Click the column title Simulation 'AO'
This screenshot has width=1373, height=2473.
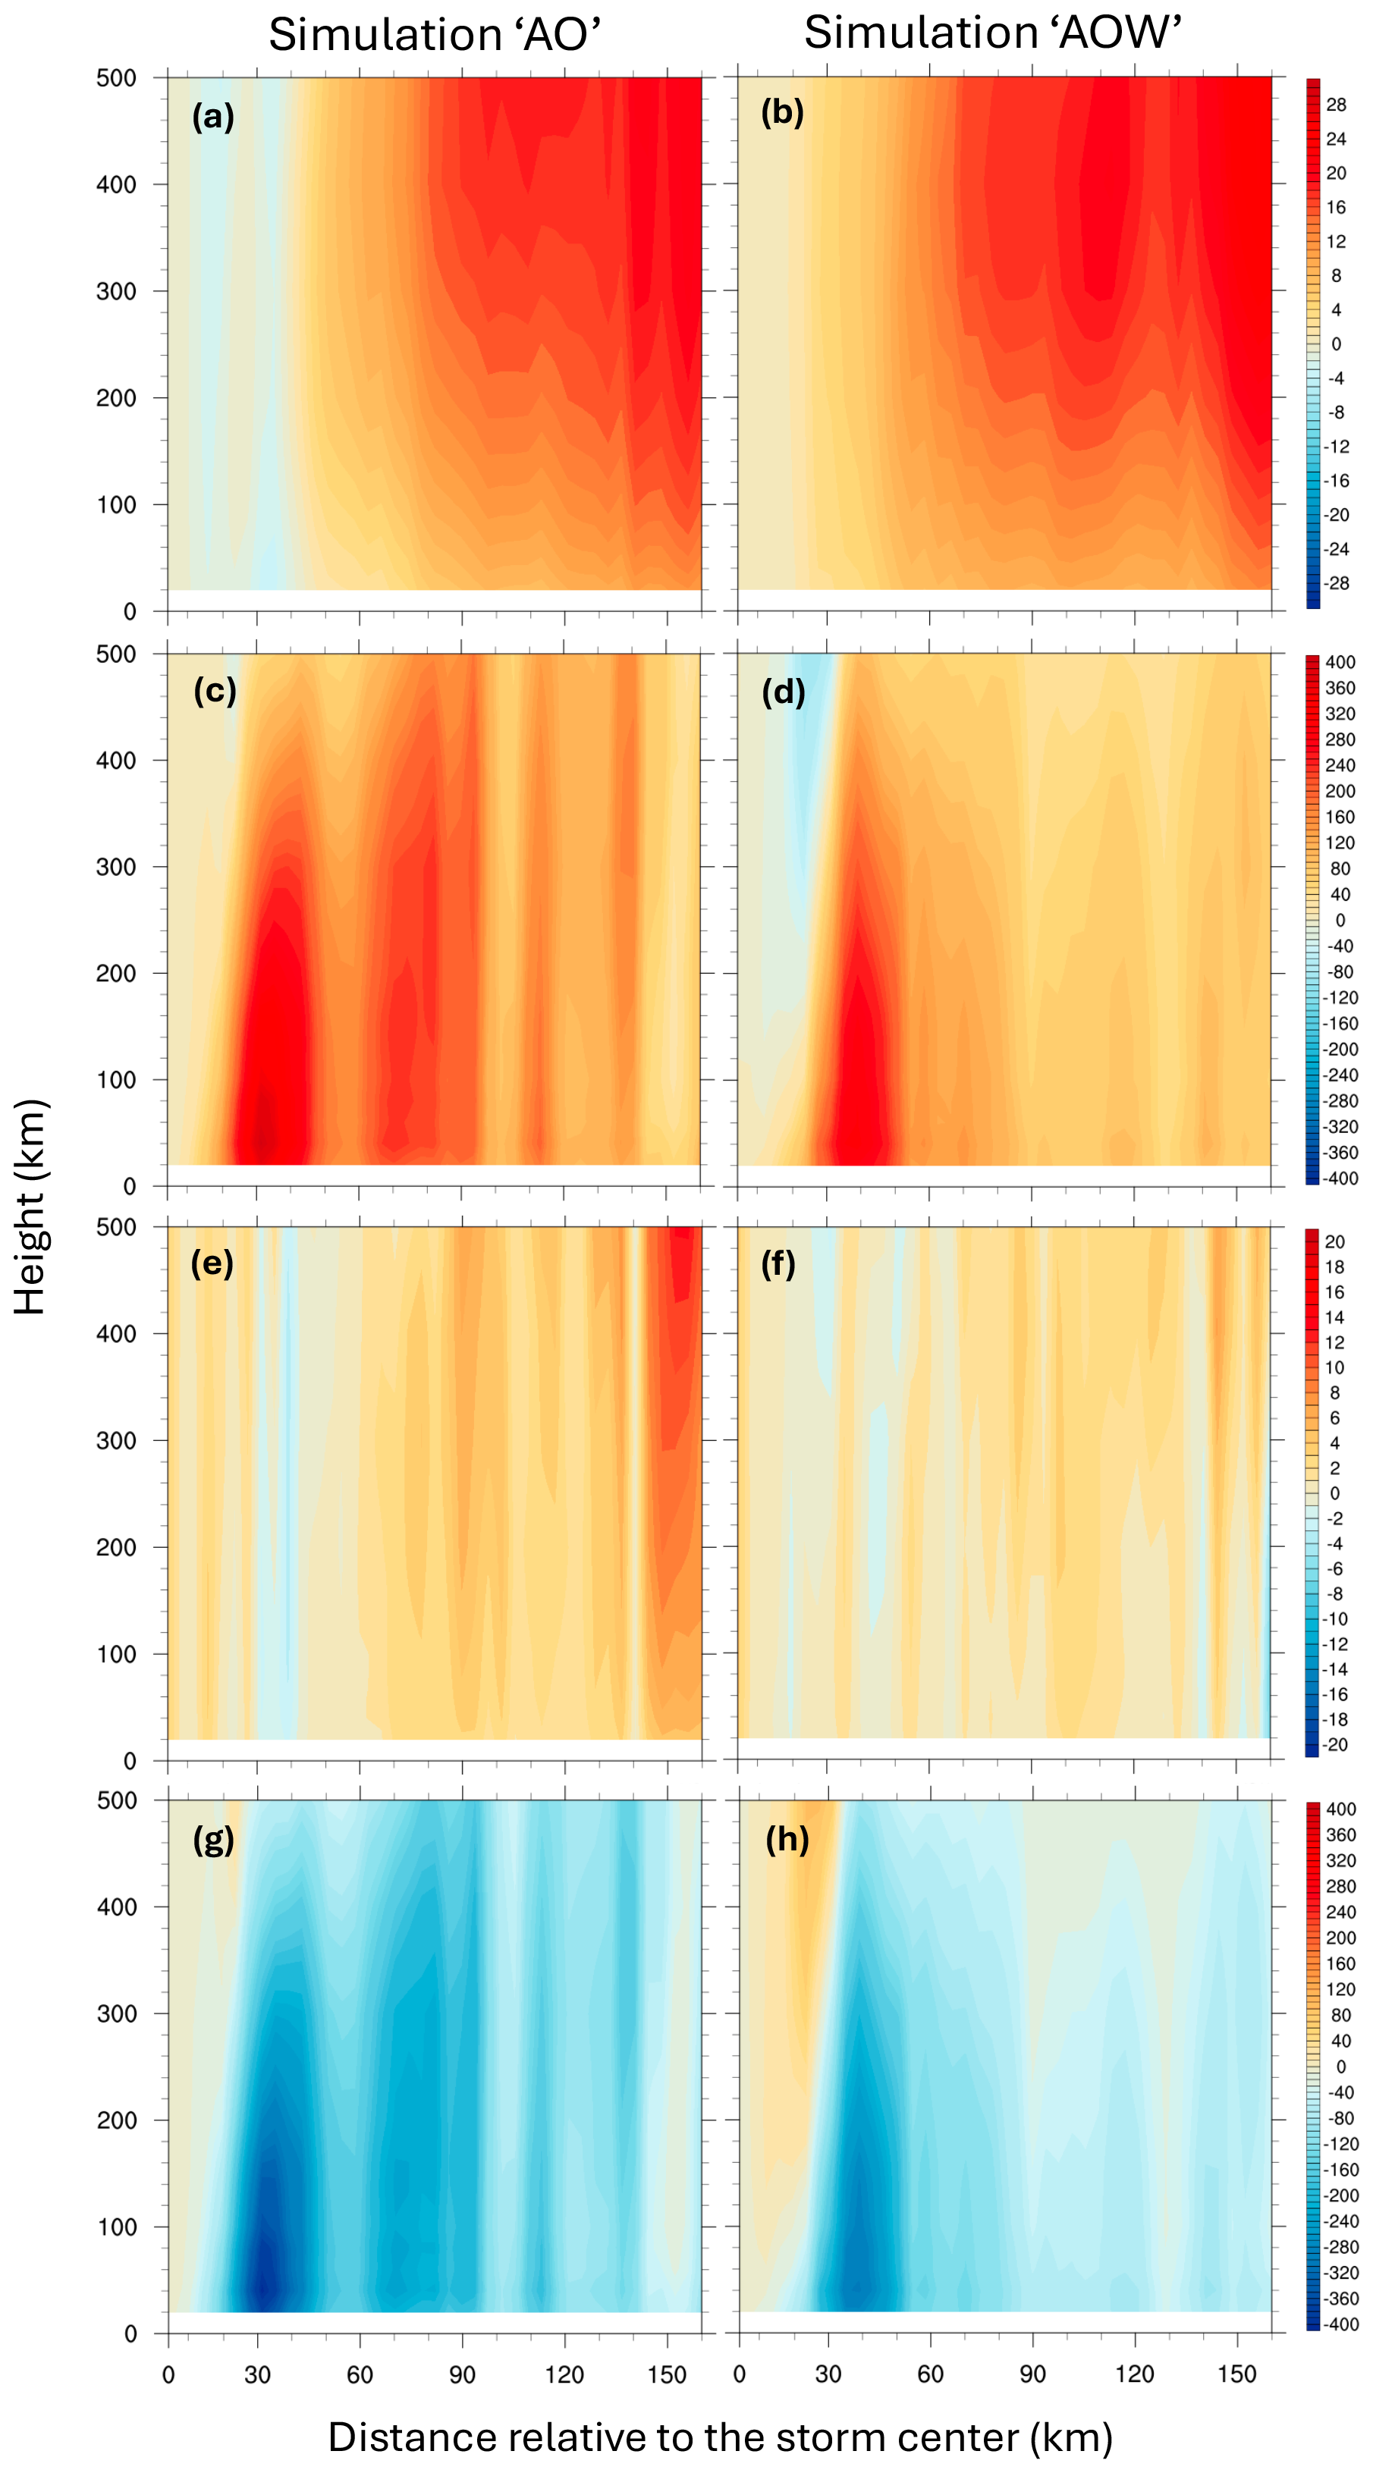pos(434,35)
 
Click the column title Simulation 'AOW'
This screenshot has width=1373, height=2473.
pos(992,33)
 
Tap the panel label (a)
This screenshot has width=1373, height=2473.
pos(213,116)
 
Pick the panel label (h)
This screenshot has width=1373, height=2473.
pos(787,1838)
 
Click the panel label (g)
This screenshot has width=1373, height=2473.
pos(213,1838)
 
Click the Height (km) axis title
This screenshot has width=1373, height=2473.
pos(31,1207)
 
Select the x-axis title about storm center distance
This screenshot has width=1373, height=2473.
pos(720,2437)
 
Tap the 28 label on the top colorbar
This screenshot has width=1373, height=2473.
pos(1336,105)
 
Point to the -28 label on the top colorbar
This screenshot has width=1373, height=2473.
pos(1336,582)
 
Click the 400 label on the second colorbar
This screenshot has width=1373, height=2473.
pos(1340,662)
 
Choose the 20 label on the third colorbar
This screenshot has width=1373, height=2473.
pos(1334,1241)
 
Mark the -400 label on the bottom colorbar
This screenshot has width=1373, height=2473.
pos(1340,2324)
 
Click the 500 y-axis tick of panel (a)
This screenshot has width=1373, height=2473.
pos(116,78)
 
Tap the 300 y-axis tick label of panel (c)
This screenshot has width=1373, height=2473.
pos(116,867)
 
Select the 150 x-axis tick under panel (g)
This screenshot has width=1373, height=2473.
pos(666,2374)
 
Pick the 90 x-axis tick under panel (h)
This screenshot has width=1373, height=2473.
pos(1032,2374)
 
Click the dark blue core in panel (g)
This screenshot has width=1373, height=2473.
pos(264,2280)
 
